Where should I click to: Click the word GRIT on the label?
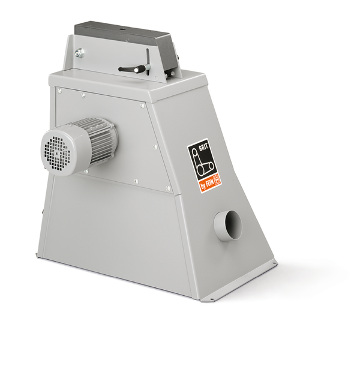pyautogui.click(x=203, y=146)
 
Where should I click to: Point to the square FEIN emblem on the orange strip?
pyautogui.click(x=217, y=179)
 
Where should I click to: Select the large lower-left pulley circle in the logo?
pyautogui.click(x=200, y=169)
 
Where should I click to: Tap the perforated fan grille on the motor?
pyautogui.click(x=56, y=152)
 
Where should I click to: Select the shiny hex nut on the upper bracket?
pyautogui.click(x=79, y=53)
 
